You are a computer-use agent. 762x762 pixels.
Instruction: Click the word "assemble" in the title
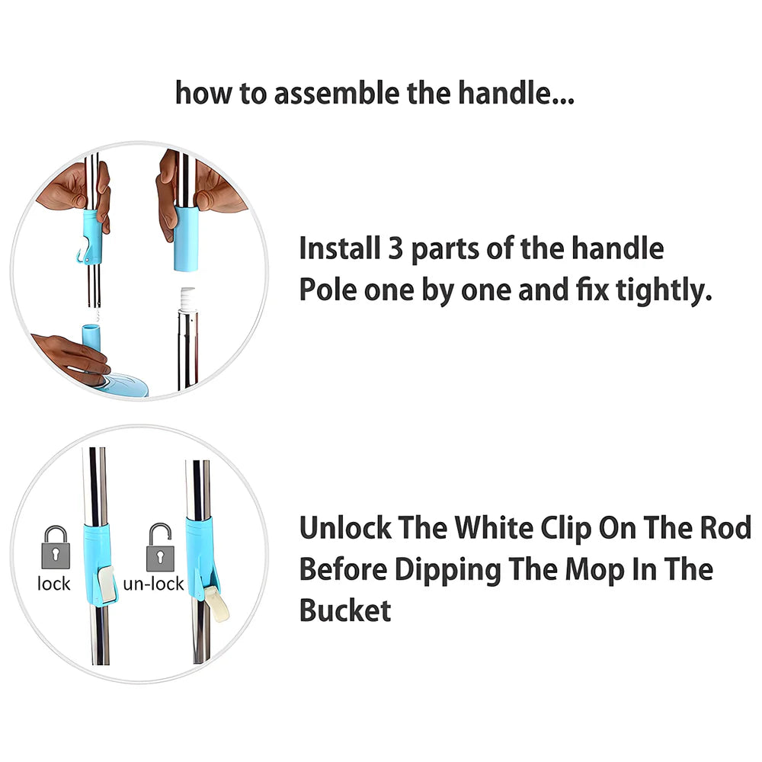(338, 93)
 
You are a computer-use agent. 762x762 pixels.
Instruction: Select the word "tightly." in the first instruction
(664, 290)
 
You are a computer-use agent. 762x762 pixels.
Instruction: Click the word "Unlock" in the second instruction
(345, 528)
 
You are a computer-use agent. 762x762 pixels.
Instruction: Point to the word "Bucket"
(345, 610)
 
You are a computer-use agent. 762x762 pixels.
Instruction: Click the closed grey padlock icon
(56, 547)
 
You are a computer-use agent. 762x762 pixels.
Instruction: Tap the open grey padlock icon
(160, 547)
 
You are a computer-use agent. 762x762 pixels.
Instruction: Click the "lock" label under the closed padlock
(54, 583)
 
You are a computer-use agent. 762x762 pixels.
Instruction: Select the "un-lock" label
(154, 583)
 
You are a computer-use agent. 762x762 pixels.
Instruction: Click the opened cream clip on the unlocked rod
(216, 603)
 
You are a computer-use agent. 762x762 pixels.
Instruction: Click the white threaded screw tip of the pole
(187, 299)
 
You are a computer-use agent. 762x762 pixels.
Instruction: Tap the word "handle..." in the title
(516, 93)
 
